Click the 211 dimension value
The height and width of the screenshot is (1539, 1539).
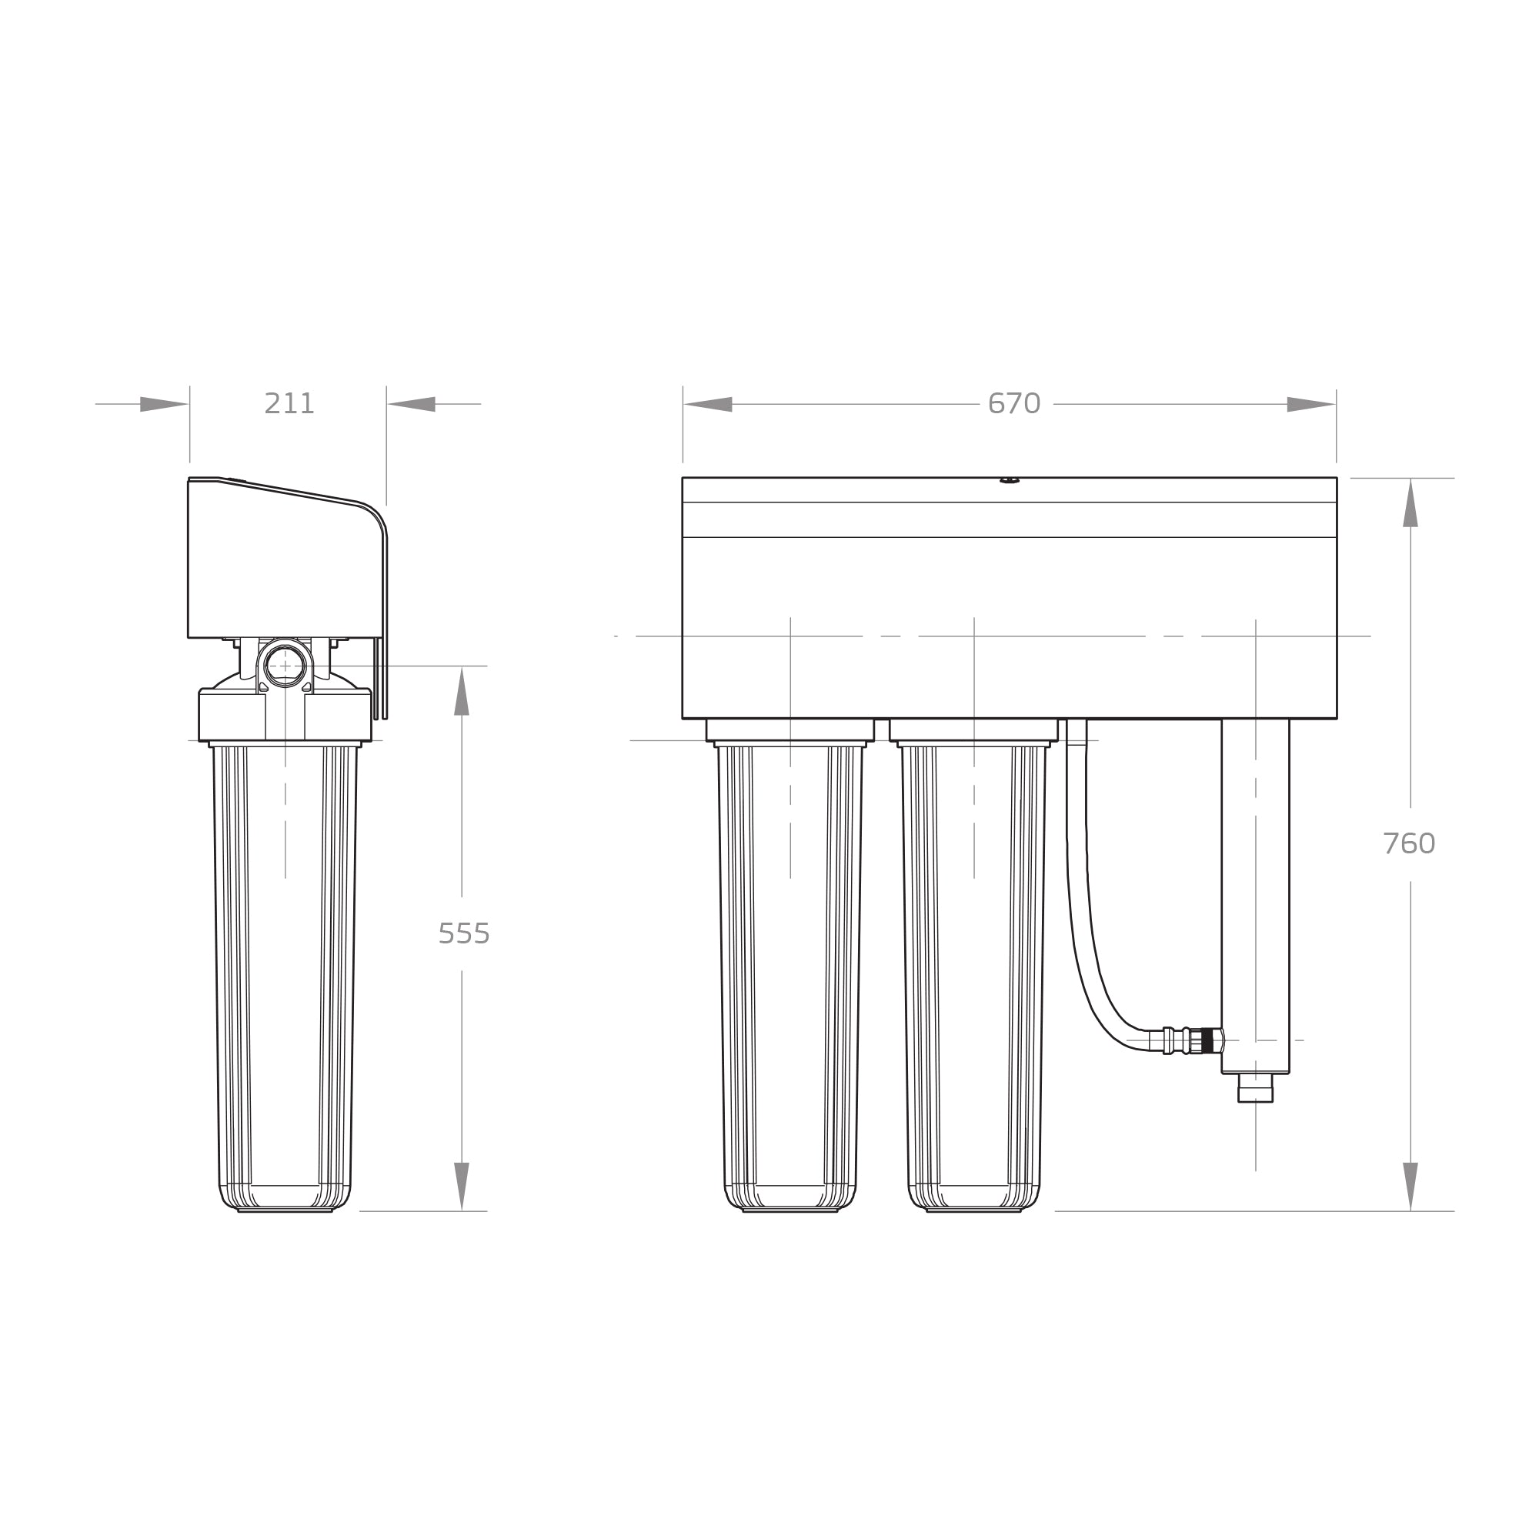point(289,404)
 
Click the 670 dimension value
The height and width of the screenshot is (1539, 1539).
point(1014,404)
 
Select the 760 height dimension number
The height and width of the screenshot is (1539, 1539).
point(1409,843)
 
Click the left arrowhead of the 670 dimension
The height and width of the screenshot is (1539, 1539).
point(707,404)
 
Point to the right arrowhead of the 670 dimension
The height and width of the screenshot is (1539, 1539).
point(1311,404)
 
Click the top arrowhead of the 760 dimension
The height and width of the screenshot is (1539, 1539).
point(1410,502)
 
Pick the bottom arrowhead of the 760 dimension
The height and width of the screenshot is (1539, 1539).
point(1410,1186)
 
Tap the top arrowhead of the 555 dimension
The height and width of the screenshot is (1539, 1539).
point(461,691)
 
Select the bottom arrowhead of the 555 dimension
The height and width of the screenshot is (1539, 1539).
point(461,1186)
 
